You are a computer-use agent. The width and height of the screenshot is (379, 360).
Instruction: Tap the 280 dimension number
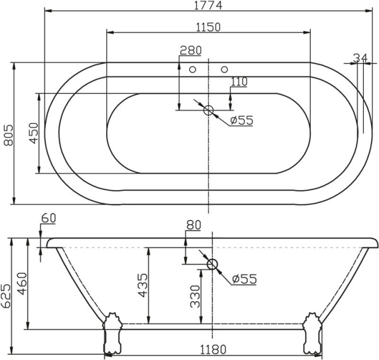pos(190,51)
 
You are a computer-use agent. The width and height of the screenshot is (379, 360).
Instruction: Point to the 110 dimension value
pos(238,82)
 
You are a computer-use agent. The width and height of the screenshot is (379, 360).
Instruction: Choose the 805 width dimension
pos(8,135)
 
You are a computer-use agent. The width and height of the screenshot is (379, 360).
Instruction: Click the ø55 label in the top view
pos(241,120)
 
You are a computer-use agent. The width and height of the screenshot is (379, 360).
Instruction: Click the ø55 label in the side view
pos(244,279)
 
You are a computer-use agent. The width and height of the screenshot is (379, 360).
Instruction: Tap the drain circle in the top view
pos(209,110)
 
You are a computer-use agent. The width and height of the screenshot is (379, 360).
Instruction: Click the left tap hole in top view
pos(193,69)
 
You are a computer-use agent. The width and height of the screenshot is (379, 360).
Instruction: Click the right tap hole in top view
pos(224,69)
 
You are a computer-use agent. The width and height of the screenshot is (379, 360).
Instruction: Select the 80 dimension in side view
pos(194,225)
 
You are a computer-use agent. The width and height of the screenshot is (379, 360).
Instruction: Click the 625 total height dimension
pos(6,295)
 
